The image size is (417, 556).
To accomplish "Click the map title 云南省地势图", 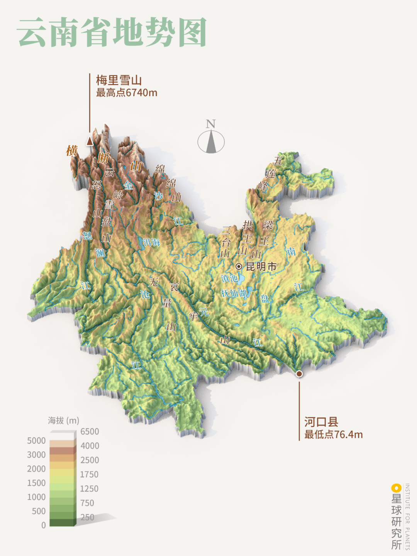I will pyautogui.click(x=112, y=32).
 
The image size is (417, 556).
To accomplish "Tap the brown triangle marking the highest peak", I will pyautogui.click(x=90, y=141).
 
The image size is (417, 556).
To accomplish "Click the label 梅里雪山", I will pyautogui.click(x=119, y=80).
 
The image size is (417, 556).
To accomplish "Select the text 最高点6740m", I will pyautogui.click(x=127, y=93).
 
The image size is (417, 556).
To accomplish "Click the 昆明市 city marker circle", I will pyautogui.click(x=239, y=266).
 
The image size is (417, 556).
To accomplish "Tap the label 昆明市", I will pyautogui.click(x=261, y=267).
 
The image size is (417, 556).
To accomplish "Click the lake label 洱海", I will pyautogui.click(x=151, y=242).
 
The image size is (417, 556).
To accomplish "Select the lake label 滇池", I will pyautogui.click(x=229, y=278).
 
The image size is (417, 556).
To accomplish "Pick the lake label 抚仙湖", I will pyautogui.click(x=234, y=293).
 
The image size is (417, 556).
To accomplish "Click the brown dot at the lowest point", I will pyautogui.click(x=299, y=373).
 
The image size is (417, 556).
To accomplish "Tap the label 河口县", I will pyautogui.click(x=321, y=422).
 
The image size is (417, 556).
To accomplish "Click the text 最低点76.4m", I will pyautogui.click(x=333, y=434).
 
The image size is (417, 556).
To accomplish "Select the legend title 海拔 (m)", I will pyautogui.click(x=63, y=420).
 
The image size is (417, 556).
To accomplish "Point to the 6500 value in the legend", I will pyautogui.click(x=90, y=432).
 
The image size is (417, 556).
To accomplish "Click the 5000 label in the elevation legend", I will pyautogui.click(x=36, y=441).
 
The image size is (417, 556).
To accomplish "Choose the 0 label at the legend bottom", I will pyautogui.click(x=43, y=525).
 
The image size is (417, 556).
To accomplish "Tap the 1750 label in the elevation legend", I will pyautogui.click(x=89, y=474).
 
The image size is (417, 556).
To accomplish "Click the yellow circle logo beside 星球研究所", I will pyautogui.click(x=396, y=488).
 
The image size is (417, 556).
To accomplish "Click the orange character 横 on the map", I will pyautogui.click(x=72, y=150).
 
